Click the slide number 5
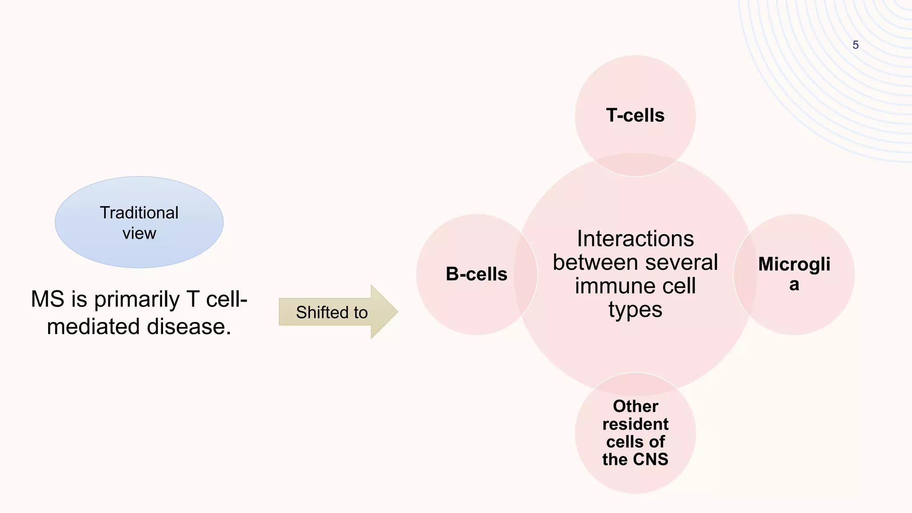[855, 45]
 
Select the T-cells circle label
[635, 115]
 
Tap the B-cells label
[476, 274]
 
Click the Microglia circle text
[794, 274]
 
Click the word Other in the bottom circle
[635, 406]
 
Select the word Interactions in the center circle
[635, 239]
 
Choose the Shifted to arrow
[332, 312]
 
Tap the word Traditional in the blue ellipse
[139, 213]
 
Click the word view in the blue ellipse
[139, 233]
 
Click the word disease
[189, 327]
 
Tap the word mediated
[94, 327]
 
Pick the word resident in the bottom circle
[635, 424]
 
